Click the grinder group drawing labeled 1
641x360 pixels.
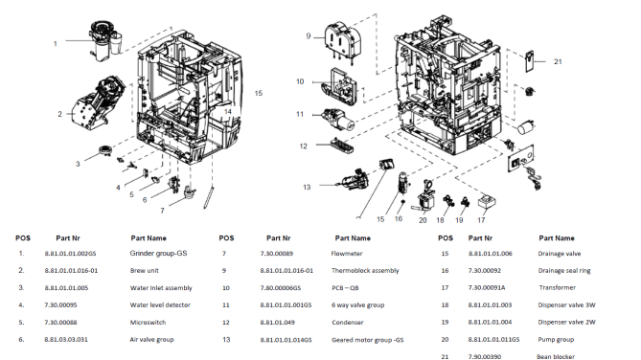(105, 40)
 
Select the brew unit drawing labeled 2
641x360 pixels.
(98, 103)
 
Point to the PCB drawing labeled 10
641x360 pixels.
(340, 86)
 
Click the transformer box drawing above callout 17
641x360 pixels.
(487, 201)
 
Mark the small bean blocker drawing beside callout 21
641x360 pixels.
(530, 61)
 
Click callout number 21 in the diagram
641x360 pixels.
(558, 61)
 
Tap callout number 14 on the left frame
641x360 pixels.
(228, 112)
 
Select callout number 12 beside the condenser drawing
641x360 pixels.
(303, 146)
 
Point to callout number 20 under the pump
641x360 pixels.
(423, 220)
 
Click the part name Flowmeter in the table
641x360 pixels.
(347, 254)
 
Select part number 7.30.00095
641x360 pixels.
(60, 304)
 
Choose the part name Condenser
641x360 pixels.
(348, 322)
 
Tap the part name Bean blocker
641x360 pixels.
(556, 356)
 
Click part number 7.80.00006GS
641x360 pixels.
(281, 287)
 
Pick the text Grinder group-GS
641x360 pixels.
(159, 253)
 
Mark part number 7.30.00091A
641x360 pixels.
(487, 287)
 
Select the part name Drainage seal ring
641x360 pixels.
(564, 271)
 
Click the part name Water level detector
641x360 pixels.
(160, 304)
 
